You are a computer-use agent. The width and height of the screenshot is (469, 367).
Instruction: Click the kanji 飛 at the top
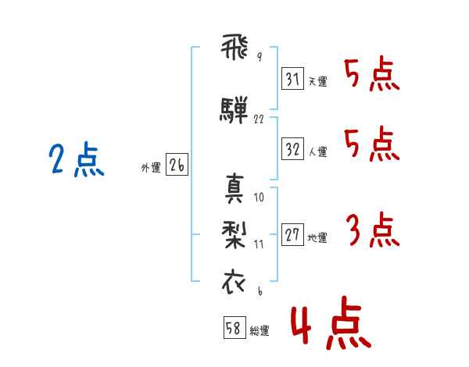pyautogui.click(x=234, y=47)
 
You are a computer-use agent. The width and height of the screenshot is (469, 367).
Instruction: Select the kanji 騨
pyautogui.click(x=234, y=109)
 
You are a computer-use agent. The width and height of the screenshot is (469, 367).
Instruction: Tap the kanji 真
pyautogui.click(x=234, y=188)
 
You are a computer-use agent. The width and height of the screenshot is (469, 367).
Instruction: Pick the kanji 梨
pyautogui.click(x=234, y=235)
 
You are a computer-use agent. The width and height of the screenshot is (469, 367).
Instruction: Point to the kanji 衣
pyautogui.click(x=234, y=282)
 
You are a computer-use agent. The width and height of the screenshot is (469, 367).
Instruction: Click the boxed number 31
pyautogui.click(x=292, y=78)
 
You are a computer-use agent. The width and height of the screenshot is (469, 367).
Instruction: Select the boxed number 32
pyautogui.click(x=292, y=148)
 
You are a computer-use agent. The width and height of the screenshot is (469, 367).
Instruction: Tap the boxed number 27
pyautogui.click(x=292, y=234)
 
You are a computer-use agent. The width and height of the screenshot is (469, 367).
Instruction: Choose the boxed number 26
pyautogui.click(x=177, y=165)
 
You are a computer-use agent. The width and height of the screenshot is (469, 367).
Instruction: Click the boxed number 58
pyautogui.click(x=234, y=327)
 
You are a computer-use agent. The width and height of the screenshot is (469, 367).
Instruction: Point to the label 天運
pyautogui.click(x=318, y=81)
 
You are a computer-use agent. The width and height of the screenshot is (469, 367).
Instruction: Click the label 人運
pyautogui.click(x=318, y=151)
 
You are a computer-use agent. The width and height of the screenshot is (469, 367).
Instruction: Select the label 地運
pyautogui.click(x=317, y=238)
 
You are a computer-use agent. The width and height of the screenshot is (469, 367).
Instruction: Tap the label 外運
pyautogui.click(x=151, y=168)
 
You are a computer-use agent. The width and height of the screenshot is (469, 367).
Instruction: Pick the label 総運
pyautogui.click(x=260, y=331)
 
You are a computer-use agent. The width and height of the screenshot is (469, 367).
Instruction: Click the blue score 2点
pyautogui.click(x=77, y=159)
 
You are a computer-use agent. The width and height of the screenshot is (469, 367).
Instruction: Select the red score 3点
pyautogui.click(x=372, y=230)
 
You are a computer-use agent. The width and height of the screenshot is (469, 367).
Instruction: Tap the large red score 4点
pyautogui.click(x=331, y=322)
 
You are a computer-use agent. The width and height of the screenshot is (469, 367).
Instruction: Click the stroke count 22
pyautogui.click(x=259, y=119)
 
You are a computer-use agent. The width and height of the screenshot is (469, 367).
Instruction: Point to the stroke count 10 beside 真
pyautogui.click(x=259, y=198)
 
